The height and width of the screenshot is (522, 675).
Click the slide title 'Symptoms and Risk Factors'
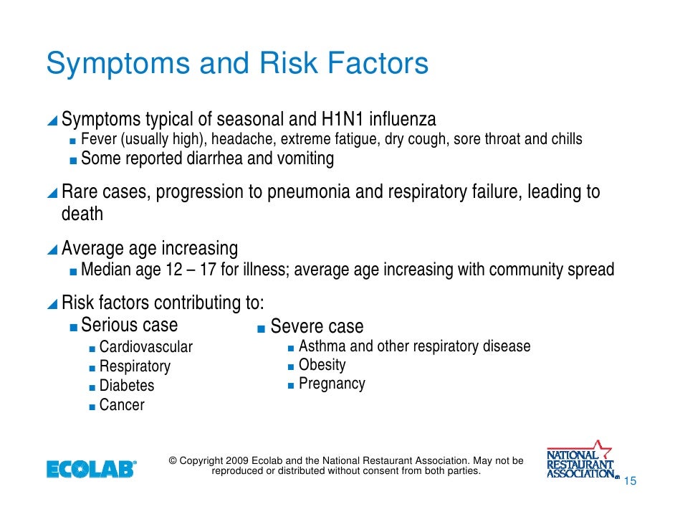tap(237, 65)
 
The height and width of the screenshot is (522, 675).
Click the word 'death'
tap(82, 214)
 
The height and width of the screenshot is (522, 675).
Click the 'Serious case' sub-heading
tap(129, 325)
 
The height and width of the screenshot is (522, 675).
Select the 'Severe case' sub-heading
tap(317, 327)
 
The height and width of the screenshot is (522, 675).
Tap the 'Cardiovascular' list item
tap(145, 347)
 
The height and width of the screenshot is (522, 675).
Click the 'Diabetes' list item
tap(126, 386)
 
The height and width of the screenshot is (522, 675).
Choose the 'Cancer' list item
tap(121, 405)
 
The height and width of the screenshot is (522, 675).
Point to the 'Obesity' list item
tap(322, 365)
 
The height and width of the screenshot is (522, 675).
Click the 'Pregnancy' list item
tap(332, 384)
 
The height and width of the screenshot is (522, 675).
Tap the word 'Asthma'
tap(322, 346)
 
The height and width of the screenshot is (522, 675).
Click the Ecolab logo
tap(91, 470)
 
